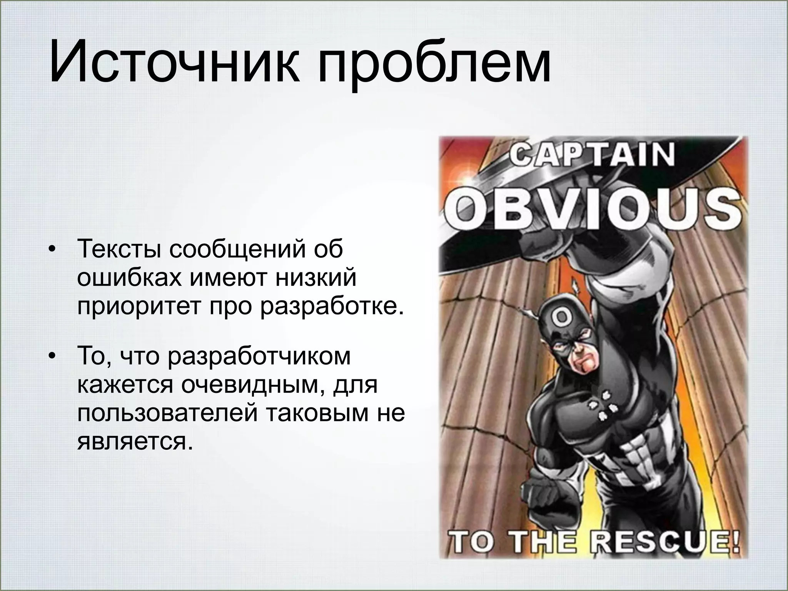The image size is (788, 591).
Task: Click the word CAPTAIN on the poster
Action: pos(593,155)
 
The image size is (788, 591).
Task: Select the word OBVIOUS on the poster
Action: pos(593,209)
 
